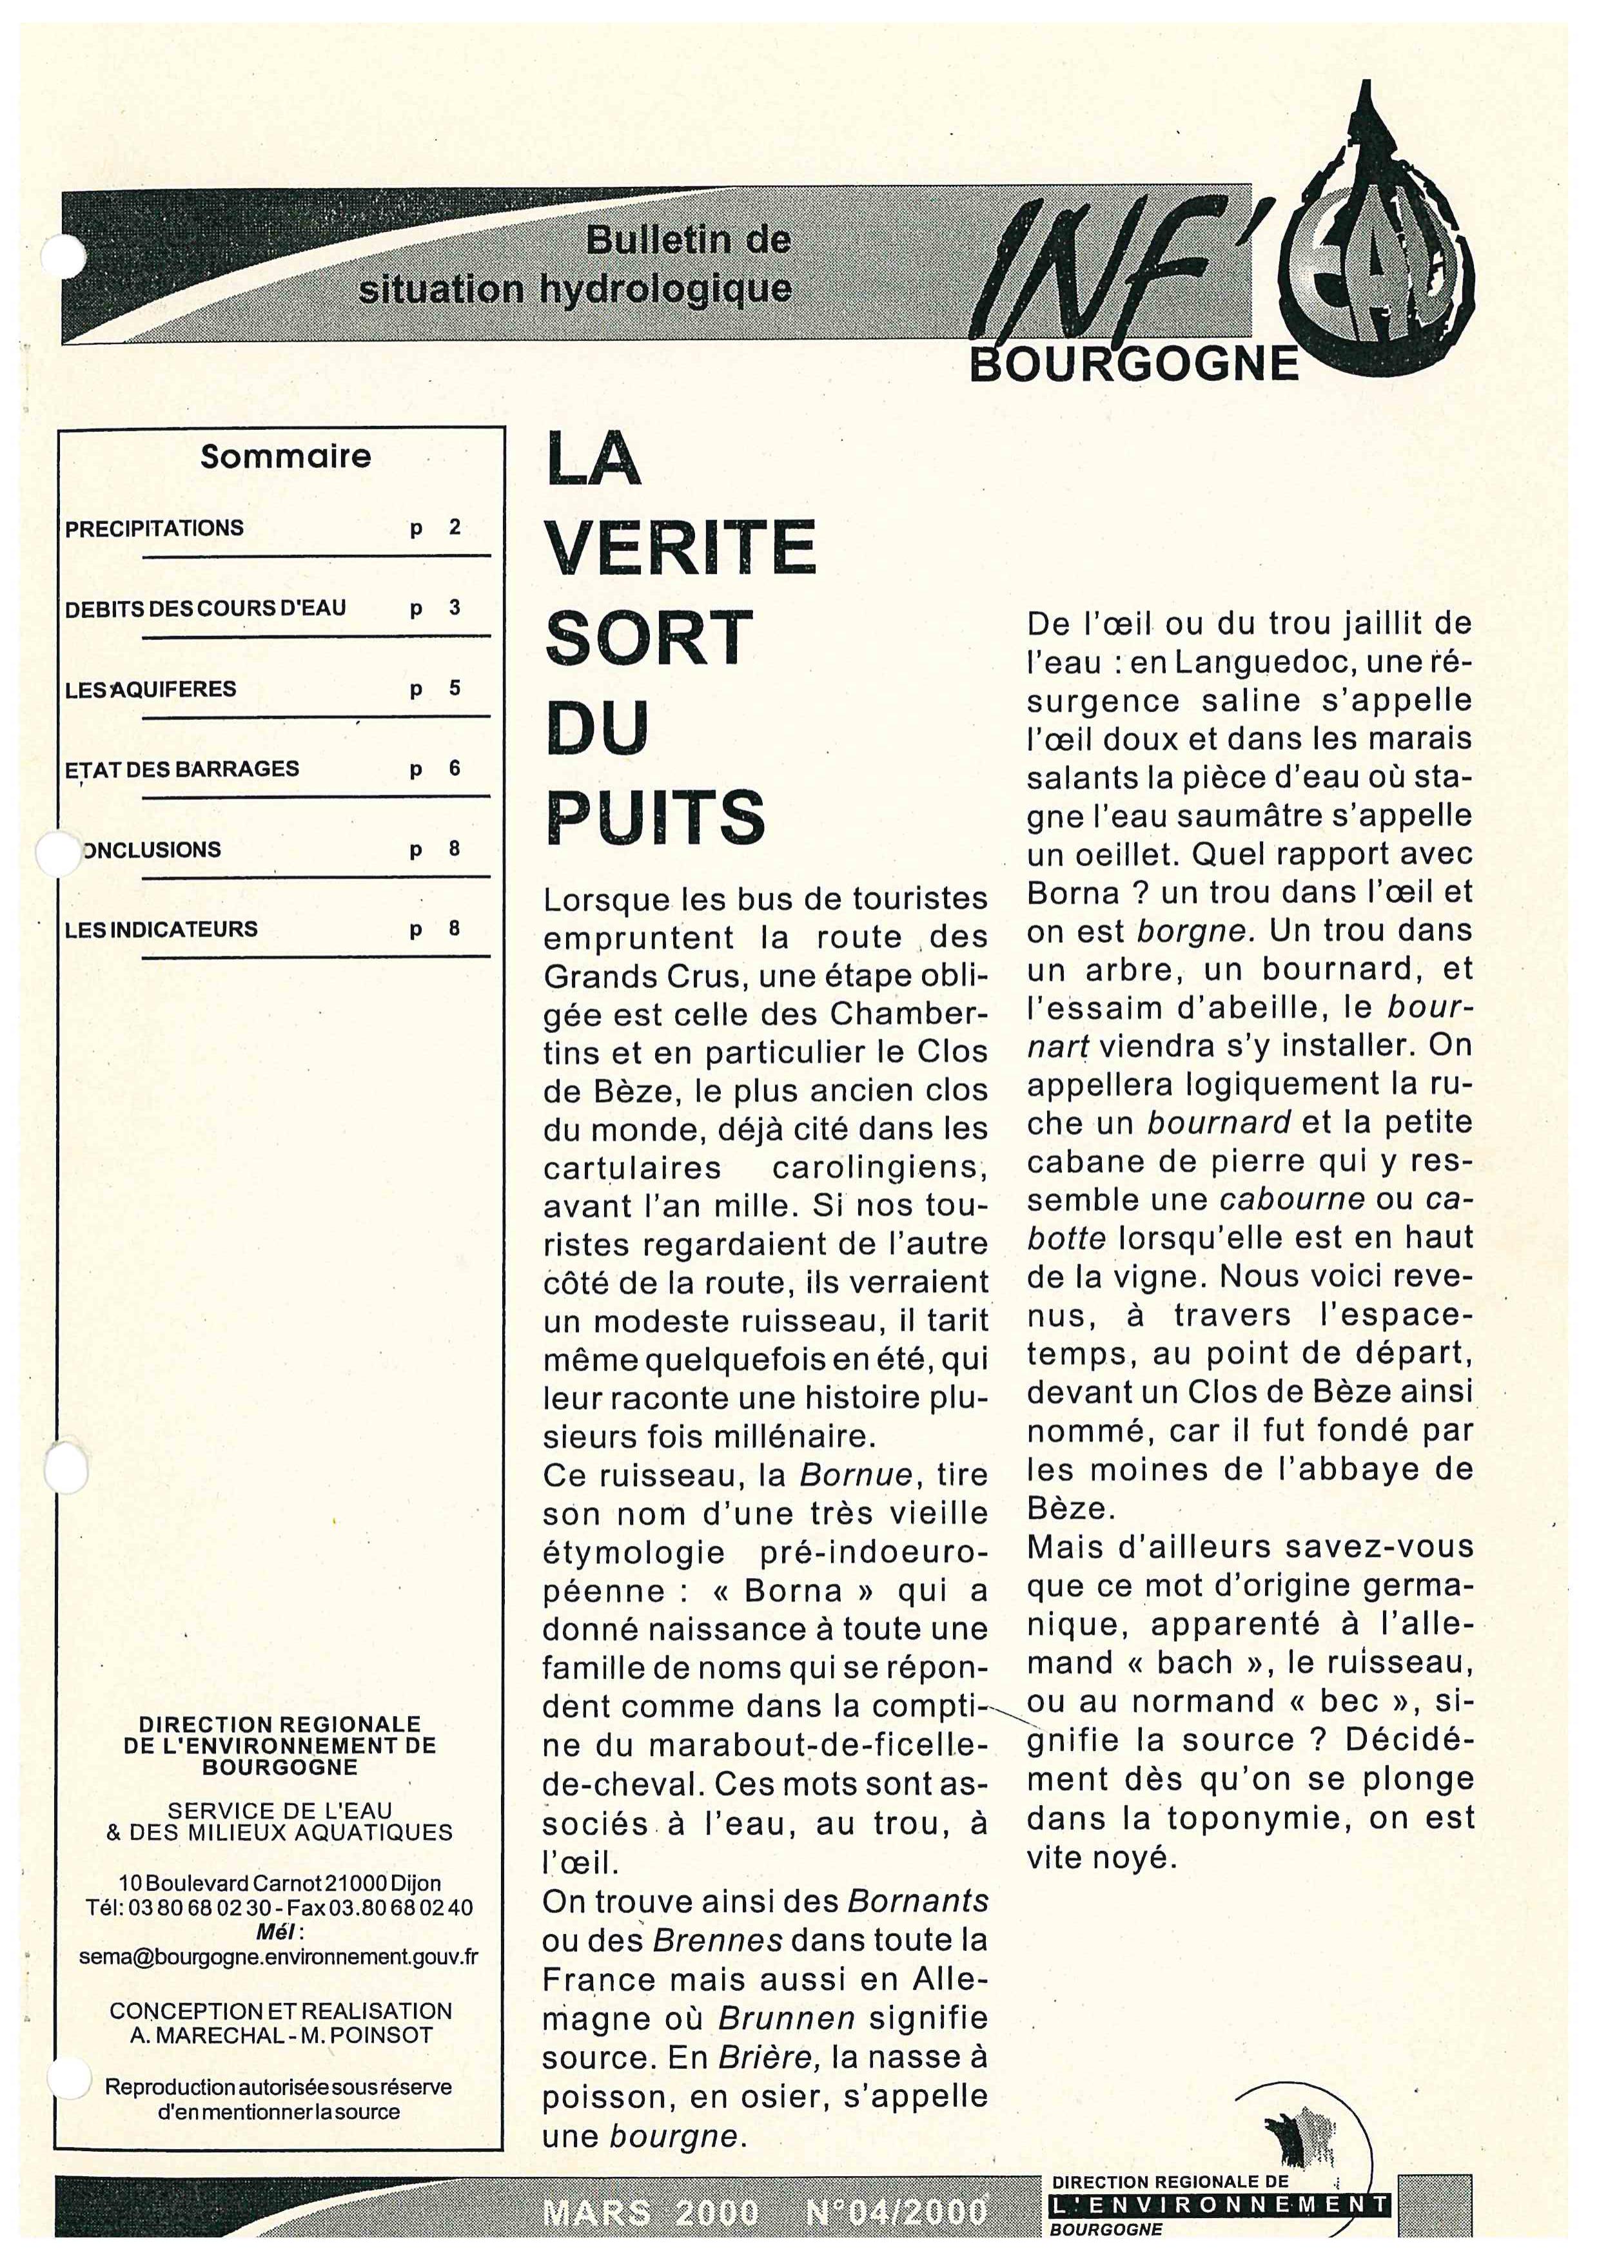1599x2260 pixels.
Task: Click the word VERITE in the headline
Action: [680, 546]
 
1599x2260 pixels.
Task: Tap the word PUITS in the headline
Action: [655, 816]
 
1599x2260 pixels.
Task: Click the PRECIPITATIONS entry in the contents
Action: [153, 528]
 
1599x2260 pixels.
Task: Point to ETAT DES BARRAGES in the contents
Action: [182, 769]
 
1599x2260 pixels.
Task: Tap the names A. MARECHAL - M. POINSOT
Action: [280, 2036]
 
